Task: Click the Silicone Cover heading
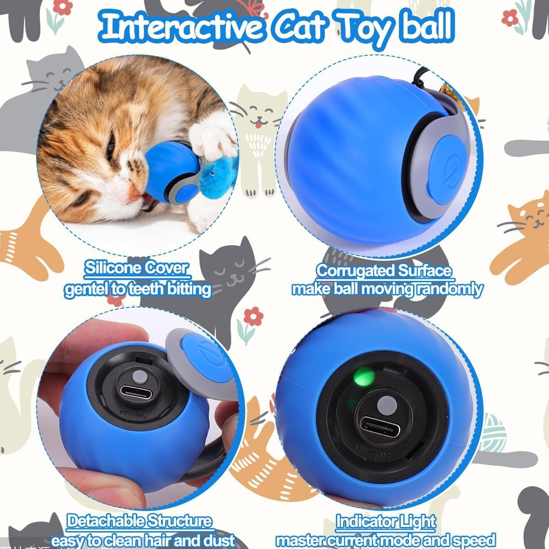(x=136, y=268)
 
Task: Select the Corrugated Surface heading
(x=384, y=270)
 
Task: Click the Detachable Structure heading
(x=140, y=521)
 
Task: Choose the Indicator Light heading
(x=385, y=521)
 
